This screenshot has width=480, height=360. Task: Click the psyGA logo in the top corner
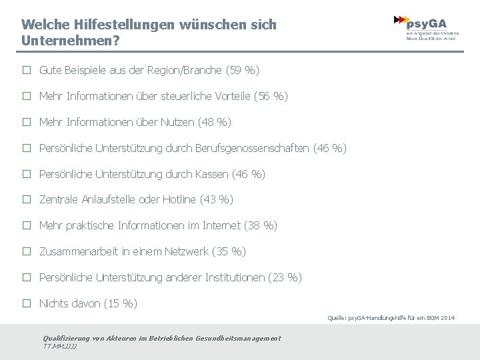tap(427, 27)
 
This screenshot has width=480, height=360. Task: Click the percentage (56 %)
tap(271, 96)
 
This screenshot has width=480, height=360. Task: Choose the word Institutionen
tap(229, 277)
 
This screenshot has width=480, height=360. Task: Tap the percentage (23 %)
tap(285, 277)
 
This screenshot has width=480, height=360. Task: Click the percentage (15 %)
tap(121, 303)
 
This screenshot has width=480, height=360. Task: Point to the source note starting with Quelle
tap(391, 318)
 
